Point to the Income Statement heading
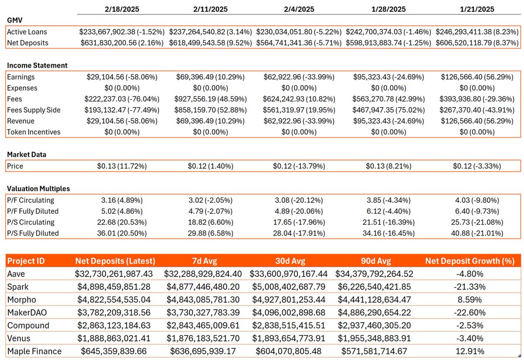pos(37,66)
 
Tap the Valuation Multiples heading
pos(38,189)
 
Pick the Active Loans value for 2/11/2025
pos(210,32)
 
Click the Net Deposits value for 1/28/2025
pos(388,43)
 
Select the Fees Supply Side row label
pos(34,110)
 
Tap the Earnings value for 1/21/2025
pos(477,77)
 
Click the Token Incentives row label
pos(34,132)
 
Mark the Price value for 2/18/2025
pos(122,166)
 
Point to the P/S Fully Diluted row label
pos(33,233)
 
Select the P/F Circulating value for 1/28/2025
pos(388,201)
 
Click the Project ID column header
pos(26,261)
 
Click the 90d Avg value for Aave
pos(374,274)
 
